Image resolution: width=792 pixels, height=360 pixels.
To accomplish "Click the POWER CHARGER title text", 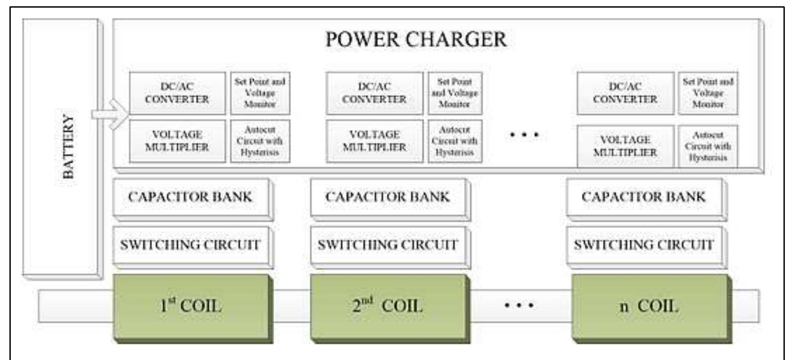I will coord(416,40).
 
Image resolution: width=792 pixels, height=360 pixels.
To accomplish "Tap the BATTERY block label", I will coord(68,146).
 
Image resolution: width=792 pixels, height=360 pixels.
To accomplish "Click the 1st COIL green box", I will coord(192,307).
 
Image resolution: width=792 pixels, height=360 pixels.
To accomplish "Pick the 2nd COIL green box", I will coord(389,307).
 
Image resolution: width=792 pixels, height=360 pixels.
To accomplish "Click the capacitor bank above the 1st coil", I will coord(190,197).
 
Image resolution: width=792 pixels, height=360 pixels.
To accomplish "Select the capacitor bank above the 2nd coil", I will coord(388,197).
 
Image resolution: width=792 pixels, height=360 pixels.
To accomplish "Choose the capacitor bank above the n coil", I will coord(643,197).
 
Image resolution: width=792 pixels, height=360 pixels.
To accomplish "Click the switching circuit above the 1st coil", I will coord(190,245).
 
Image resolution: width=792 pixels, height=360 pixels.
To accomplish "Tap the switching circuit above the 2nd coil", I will coord(388,245).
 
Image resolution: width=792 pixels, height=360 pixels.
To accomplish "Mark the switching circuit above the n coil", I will coord(643,245).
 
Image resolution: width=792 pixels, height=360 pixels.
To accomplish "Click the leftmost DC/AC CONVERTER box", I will coord(177,93).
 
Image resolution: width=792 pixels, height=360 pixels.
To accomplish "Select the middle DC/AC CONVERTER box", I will coord(374,93).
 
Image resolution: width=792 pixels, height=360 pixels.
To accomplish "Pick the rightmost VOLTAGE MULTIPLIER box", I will coord(625,146).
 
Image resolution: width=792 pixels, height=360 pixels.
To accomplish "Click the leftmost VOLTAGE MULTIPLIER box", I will coord(177,141).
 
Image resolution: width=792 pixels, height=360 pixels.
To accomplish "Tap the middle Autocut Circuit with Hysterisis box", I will coord(455,141).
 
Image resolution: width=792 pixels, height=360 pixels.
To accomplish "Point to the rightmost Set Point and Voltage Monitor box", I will coord(708,93).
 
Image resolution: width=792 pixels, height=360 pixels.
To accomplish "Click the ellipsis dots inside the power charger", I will coord(524,134).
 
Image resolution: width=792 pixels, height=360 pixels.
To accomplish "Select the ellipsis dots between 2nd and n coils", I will coord(519,306).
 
